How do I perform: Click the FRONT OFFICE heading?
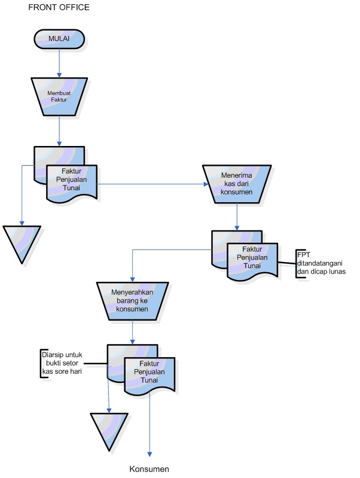click(x=59, y=7)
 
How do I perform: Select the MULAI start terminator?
click(x=59, y=39)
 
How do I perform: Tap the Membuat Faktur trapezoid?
click(x=59, y=97)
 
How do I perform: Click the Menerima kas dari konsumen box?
click(x=237, y=184)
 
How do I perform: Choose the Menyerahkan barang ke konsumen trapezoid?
click(x=132, y=301)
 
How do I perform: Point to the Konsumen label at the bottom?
click(x=149, y=469)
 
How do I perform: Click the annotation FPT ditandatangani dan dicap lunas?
click(x=321, y=263)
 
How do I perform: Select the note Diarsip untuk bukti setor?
click(x=62, y=363)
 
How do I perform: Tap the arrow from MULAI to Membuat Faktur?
click(x=59, y=63)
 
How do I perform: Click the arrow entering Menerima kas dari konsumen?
click(x=152, y=184)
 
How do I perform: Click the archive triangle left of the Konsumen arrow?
click(x=109, y=432)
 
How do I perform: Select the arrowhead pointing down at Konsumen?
click(x=150, y=454)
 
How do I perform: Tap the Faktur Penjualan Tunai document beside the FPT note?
click(x=252, y=261)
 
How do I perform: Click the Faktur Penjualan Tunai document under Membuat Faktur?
click(x=72, y=183)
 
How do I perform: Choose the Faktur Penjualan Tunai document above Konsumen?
click(x=150, y=376)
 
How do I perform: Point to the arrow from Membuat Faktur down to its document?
click(x=59, y=131)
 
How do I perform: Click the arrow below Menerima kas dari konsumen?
click(x=237, y=217)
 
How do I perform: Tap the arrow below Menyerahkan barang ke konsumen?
click(x=132, y=332)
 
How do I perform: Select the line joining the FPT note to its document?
click(x=287, y=263)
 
